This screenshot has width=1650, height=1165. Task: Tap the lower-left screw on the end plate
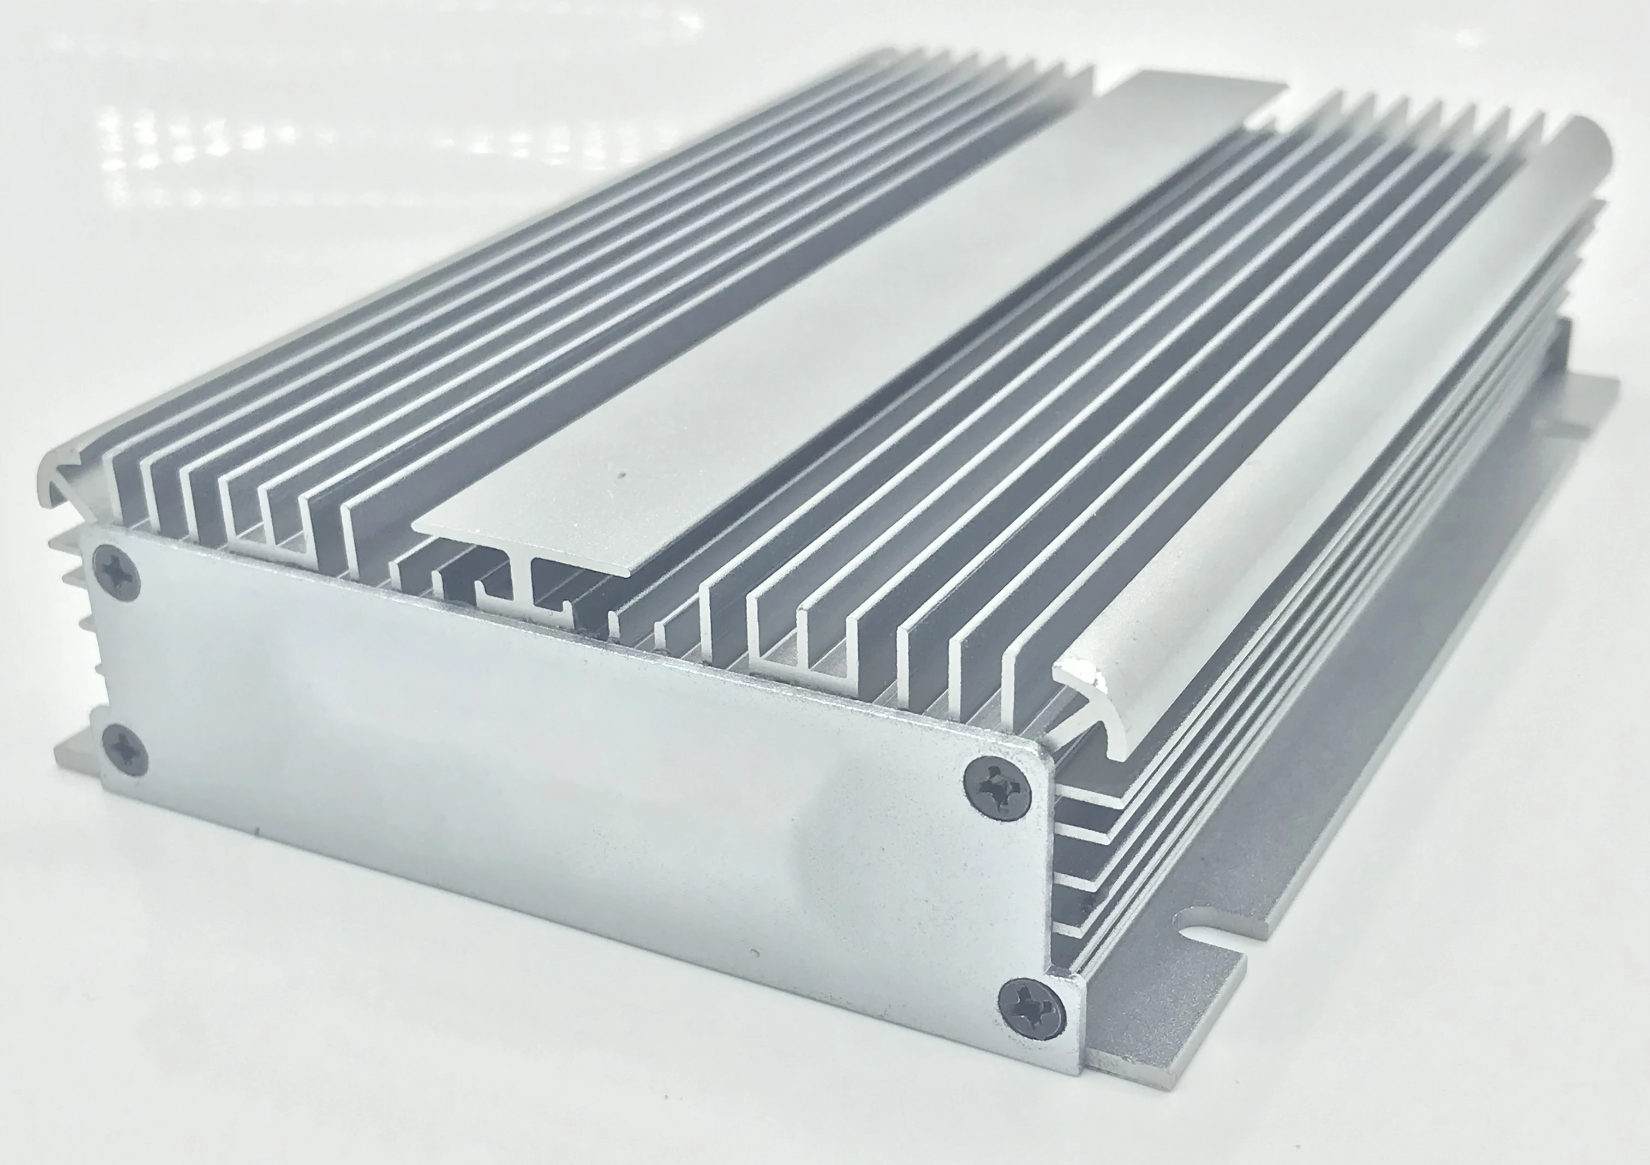point(125,749)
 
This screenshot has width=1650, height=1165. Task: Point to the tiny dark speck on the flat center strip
point(623,474)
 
